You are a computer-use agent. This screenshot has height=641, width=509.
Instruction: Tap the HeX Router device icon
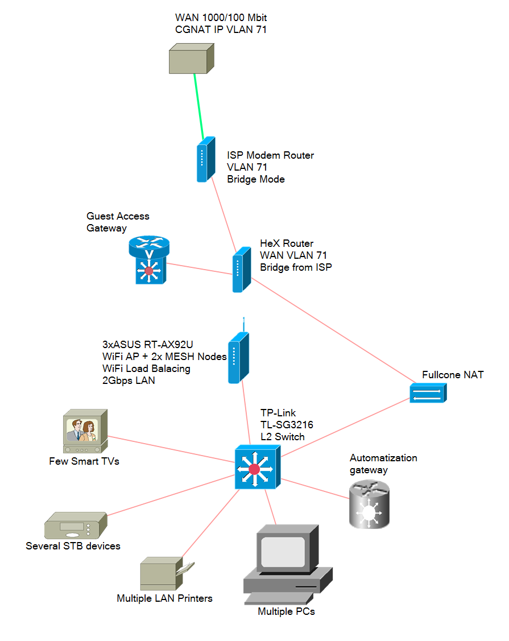tap(241, 270)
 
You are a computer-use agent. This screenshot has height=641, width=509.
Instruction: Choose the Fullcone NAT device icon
tap(428, 393)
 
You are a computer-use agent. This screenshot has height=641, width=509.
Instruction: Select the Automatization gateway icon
tap(369, 505)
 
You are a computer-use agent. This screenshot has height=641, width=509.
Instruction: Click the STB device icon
tap(75, 526)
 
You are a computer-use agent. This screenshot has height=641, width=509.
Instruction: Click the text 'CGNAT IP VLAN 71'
tap(221, 30)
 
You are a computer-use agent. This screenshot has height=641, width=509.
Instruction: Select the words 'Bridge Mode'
tap(255, 179)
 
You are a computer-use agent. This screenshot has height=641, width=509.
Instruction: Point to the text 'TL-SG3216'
tap(287, 425)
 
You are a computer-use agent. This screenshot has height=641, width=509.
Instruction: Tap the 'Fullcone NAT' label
tap(453, 375)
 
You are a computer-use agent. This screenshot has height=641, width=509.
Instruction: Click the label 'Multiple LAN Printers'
tap(164, 598)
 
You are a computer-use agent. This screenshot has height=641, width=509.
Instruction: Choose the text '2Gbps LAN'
tap(129, 381)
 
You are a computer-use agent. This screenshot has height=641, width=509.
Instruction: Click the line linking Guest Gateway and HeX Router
tap(199, 268)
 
